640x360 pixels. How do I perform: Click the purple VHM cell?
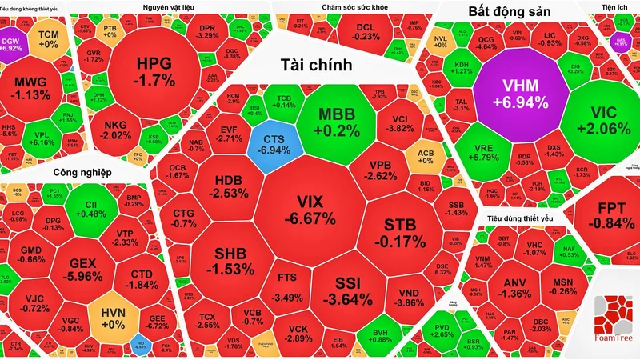pyautogui.click(x=521, y=93)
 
